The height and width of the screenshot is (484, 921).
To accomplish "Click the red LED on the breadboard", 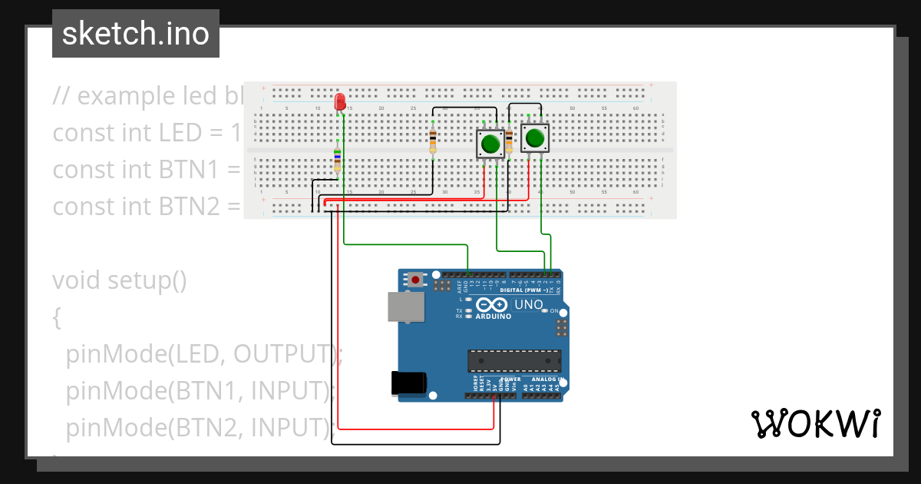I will [x=340, y=101].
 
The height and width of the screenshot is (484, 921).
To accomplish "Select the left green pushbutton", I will [x=490, y=143].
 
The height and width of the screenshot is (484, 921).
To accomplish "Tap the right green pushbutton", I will [x=535, y=138].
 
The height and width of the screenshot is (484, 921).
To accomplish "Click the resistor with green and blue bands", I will [x=338, y=160].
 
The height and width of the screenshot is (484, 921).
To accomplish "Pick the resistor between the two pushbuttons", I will [x=509, y=142].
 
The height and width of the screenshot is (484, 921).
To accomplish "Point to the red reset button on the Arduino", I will [x=415, y=280].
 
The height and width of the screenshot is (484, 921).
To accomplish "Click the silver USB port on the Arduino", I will [x=404, y=306].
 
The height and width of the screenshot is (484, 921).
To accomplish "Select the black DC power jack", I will [x=407, y=383].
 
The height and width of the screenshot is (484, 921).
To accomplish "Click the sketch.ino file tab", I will [x=135, y=34].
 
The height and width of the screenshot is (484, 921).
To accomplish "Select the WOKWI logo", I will [x=815, y=424].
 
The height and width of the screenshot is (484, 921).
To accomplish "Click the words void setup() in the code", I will [x=120, y=280].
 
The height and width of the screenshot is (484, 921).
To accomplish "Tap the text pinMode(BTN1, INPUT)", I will [x=201, y=391].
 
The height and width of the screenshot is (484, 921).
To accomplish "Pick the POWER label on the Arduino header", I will [x=512, y=380].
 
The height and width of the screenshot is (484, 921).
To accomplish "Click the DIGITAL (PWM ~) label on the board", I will [x=524, y=290].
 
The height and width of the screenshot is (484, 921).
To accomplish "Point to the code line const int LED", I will [x=146, y=133].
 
